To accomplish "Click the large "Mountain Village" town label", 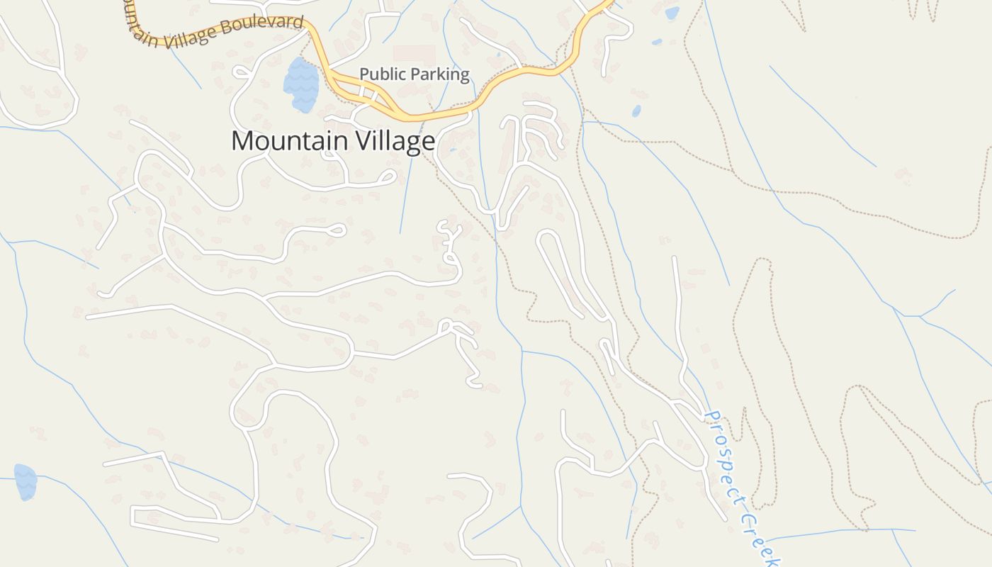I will (x=333, y=141).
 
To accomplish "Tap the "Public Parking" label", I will (x=415, y=74).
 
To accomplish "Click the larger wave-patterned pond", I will (x=301, y=84).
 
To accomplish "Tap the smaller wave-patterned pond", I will (x=26, y=482).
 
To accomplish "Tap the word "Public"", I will (x=381, y=74).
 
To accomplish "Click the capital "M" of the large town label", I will (x=242, y=141).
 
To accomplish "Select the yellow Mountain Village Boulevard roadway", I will (x=439, y=113).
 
